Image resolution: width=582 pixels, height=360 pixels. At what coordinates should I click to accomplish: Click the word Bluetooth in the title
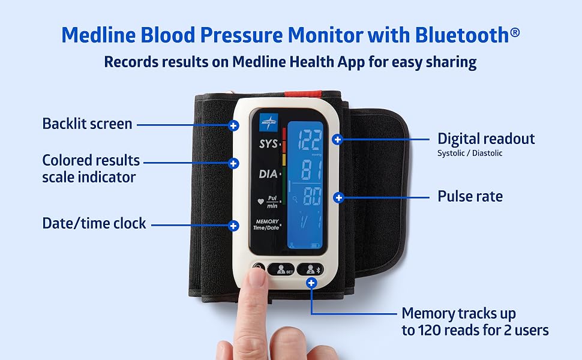[x=462, y=35]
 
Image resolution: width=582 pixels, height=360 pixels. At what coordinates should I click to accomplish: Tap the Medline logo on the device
[x=269, y=122]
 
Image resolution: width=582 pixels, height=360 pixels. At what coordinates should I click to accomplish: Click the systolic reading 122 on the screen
[x=310, y=140]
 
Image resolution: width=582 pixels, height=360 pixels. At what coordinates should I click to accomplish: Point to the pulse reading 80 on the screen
[x=312, y=196]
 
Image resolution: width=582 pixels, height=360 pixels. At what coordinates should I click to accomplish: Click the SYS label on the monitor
[x=268, y=143]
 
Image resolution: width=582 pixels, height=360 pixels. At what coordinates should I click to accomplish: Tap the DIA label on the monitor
[x=268, y=173]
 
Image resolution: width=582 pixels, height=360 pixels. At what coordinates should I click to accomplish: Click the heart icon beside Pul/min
[x=260, y=202]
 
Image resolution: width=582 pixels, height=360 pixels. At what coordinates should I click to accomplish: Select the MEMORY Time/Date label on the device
[x=266, y=224]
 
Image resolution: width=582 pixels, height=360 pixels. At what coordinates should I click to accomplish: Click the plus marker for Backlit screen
[x=233, y=125]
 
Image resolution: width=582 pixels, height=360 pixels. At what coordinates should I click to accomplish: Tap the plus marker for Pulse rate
[x=338, y=198]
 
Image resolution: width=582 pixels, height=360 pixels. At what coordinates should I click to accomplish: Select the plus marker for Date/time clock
[x=233, y=226]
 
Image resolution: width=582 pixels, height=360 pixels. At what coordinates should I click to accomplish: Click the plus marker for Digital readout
[x=337, y=140]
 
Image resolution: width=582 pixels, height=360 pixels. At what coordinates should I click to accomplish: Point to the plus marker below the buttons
[x=311, y=283]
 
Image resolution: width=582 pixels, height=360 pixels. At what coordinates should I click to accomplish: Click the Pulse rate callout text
[x=470, y=196]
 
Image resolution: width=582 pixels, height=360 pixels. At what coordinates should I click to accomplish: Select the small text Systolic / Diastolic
[x=470, y=153]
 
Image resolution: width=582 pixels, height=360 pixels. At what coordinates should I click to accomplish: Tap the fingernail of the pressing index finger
[x=256, y=277]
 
